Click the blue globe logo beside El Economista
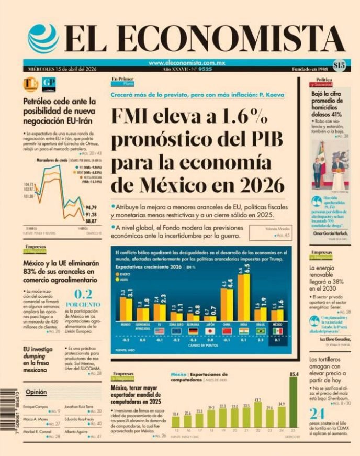[43, 38]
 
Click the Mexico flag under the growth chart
[277, 331]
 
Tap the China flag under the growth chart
[227, 331]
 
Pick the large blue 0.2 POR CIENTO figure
[83, 294]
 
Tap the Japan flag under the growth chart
[210, 331]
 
